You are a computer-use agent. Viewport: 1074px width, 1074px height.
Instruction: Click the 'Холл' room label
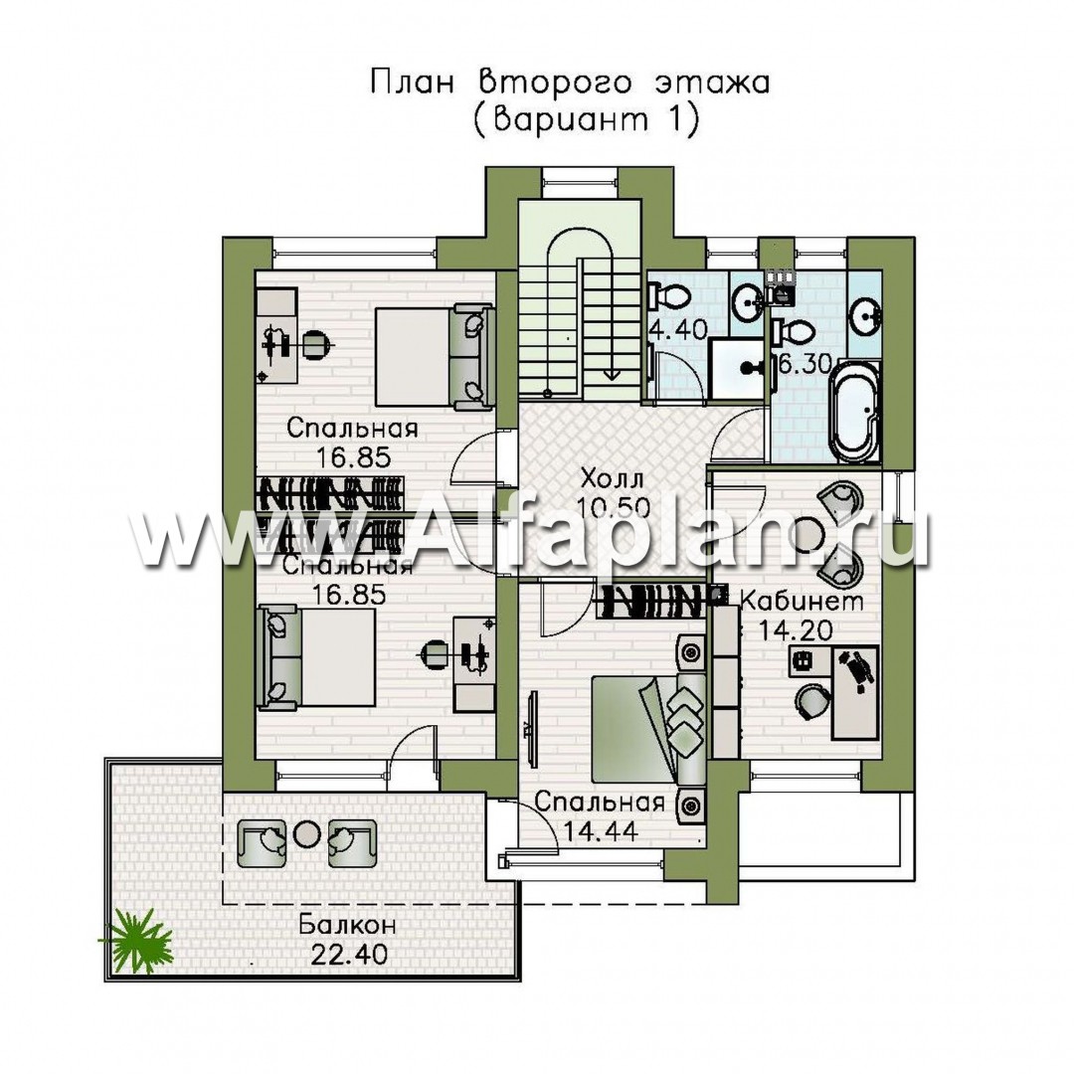(613, 477)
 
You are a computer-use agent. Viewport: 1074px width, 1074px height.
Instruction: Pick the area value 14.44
(601, 831)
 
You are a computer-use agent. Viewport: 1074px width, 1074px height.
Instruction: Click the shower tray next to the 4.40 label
(738, 368)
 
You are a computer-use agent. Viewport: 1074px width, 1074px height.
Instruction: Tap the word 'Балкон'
(348, 926)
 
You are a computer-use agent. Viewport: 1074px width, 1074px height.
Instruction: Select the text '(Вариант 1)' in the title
(587, 120)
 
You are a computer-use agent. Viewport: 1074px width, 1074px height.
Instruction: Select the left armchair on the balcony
(262, 843)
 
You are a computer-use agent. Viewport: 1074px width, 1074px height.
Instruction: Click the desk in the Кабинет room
(854, 692)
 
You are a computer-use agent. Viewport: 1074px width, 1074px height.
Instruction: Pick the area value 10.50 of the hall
(613, 507)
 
